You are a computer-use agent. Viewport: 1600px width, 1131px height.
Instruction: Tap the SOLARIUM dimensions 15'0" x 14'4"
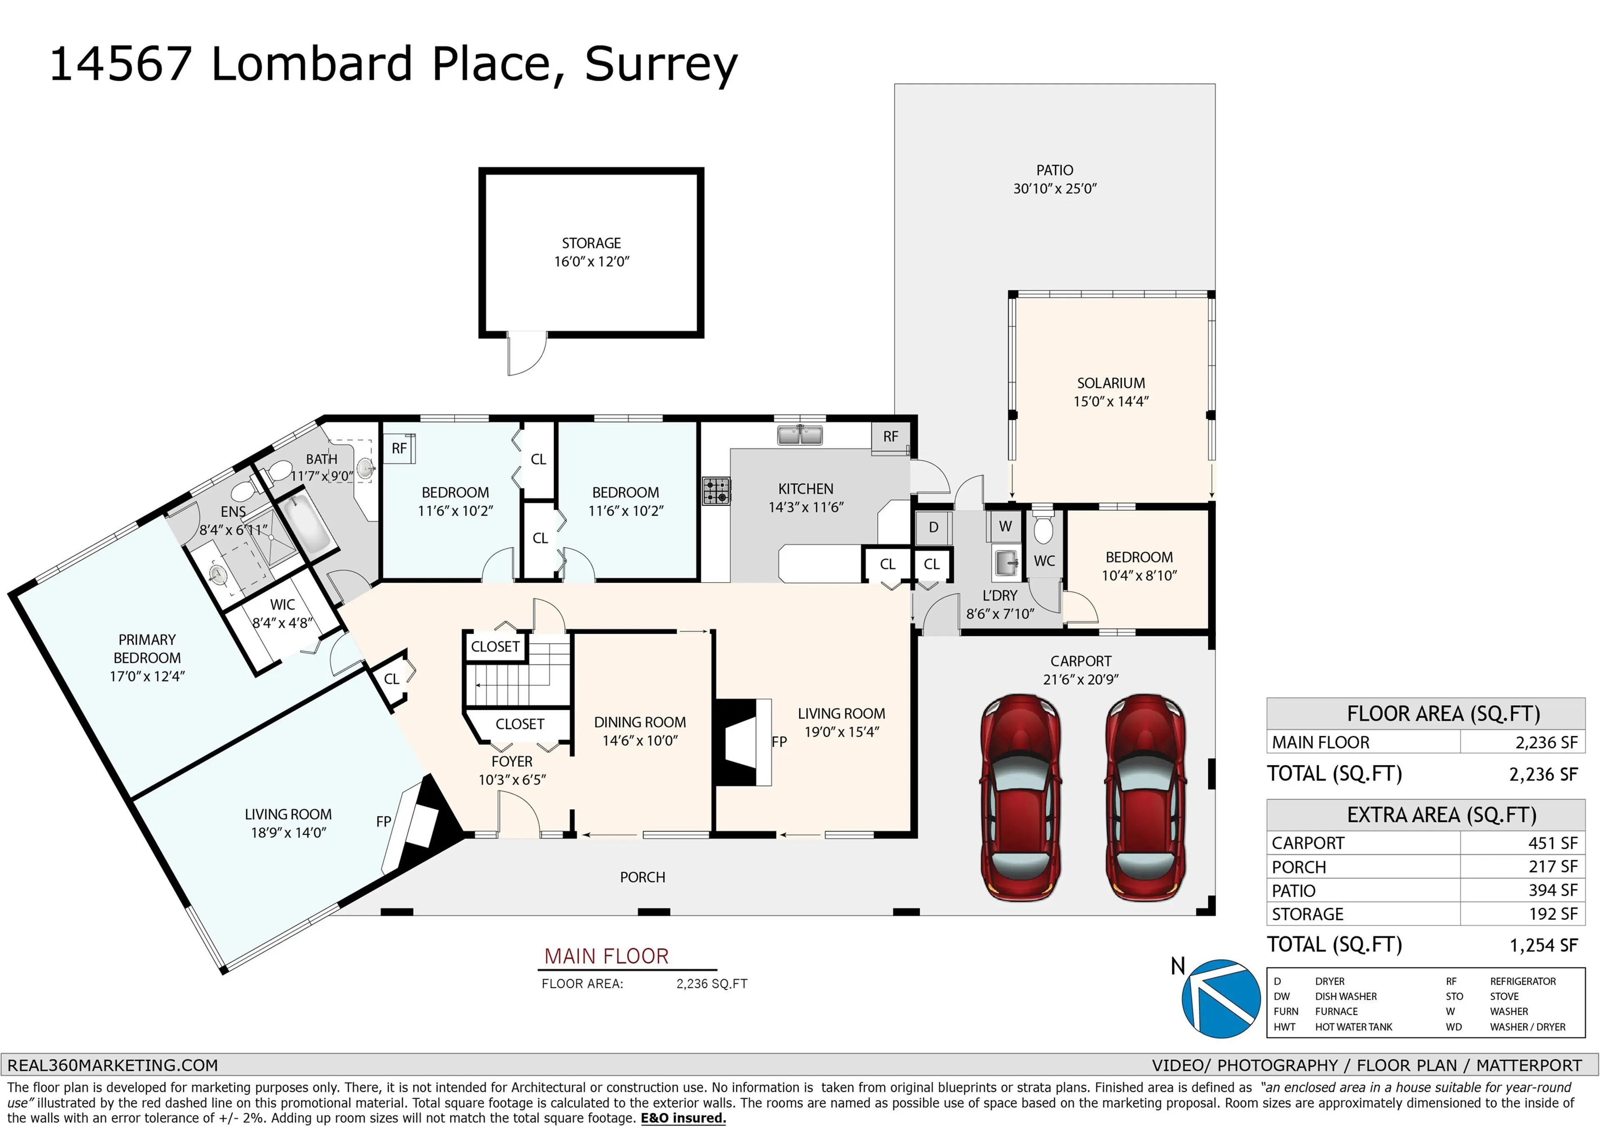coord(1111,402)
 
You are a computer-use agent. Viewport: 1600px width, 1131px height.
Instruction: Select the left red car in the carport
coord(1020,797)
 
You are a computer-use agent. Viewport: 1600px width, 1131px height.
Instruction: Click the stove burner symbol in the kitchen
coord(716,491)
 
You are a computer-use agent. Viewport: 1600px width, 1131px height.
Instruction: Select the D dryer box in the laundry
coord(933,527)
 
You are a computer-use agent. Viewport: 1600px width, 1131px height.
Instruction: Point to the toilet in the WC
coord(1043,529)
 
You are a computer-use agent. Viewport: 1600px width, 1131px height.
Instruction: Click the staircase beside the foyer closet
coord(519,674)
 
